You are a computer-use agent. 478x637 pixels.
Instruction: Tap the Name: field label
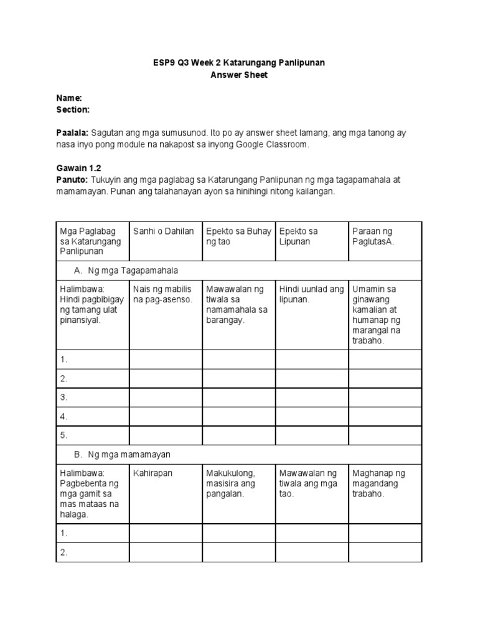pyautogui.click(x=69, y=98)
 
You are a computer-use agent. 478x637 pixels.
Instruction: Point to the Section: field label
pyautogui.click(x=73, y=109)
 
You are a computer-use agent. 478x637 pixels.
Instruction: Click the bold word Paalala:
pyautogui.click(x=73, y=133)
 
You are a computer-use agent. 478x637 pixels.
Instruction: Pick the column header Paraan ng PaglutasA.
pyautogui.click(x=372, y=236)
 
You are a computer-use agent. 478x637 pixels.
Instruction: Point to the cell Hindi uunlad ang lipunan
pyautogui.click(x=311, y=294)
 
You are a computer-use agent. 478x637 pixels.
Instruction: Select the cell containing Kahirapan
pyautogui.click(x=152, y=473)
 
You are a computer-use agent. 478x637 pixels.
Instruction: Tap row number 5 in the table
pyautogui.click(x=64, y=435)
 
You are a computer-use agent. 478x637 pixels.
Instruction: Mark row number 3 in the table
pyautogui.click(x=64, y=397)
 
